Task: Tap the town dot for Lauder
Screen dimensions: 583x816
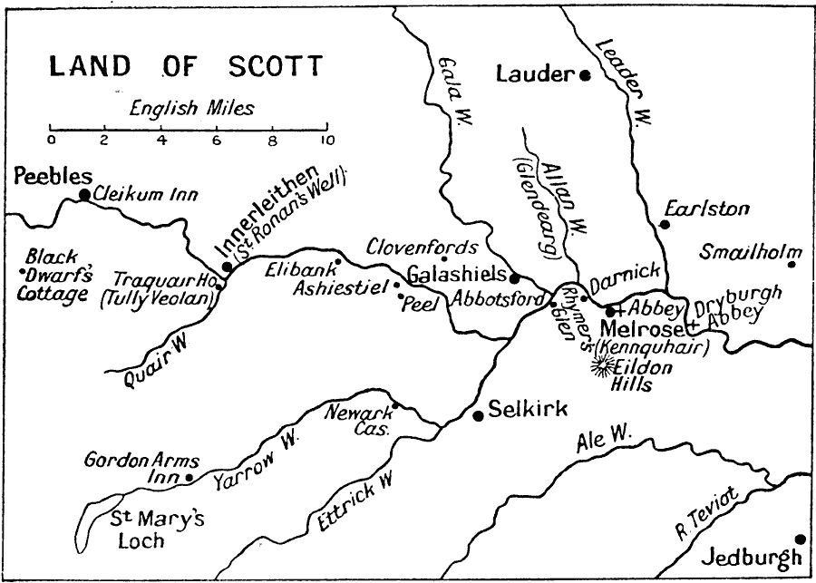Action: [586, 75]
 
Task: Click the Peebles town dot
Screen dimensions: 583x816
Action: [84, 194]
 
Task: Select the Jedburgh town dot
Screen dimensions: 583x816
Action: [800, 539]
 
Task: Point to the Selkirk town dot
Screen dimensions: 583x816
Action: [478, 415]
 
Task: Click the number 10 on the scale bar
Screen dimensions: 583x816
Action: [326, 141]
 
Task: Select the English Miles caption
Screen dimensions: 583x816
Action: [191, 109]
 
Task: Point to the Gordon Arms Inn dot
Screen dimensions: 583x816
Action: [189, 477]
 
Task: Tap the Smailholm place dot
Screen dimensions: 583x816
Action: [792, 264]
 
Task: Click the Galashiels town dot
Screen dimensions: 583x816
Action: [514, 278]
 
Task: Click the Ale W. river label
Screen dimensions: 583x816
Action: [603, 442]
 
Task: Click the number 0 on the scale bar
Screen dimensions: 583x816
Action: [51, 141]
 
